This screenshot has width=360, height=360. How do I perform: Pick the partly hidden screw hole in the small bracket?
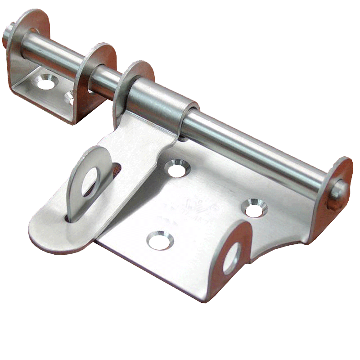70,97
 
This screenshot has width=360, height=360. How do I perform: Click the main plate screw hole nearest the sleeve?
177,168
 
